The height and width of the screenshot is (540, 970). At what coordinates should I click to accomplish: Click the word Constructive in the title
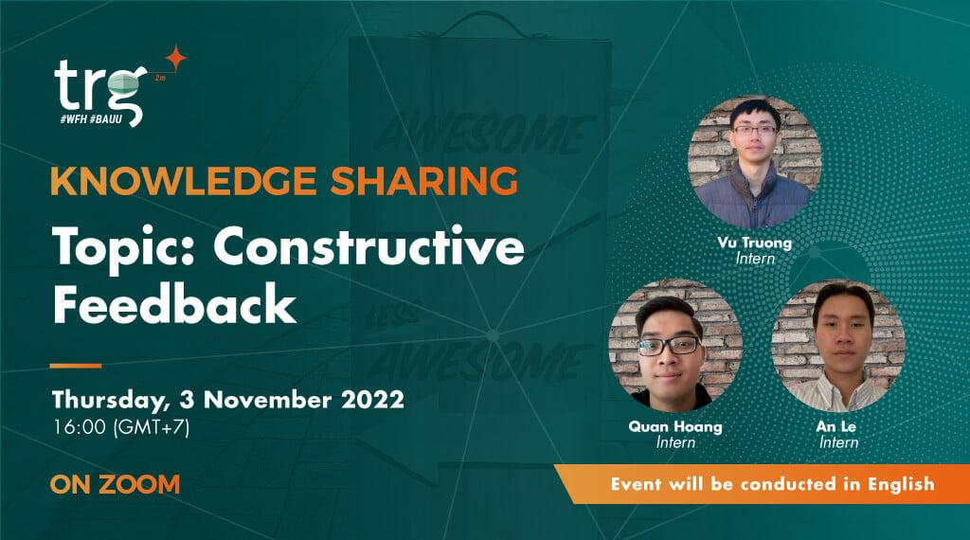point(369,247)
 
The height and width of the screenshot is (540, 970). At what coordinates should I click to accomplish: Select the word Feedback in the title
point(174,305)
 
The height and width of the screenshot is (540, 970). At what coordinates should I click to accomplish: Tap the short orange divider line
point(76,365)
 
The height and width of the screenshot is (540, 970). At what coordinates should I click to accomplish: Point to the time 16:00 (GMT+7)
point(122,426)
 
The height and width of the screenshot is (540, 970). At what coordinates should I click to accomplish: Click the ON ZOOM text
point(115,484)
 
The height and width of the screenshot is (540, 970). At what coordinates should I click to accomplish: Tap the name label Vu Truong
point(754,243)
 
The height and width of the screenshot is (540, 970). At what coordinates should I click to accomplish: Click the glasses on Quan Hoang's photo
point(669,346)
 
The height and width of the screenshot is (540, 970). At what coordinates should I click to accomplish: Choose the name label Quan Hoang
point(675,426)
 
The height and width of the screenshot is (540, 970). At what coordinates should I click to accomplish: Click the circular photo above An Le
point(837,346)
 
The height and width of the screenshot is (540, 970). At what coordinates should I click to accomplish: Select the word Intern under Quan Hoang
point(675,442)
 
